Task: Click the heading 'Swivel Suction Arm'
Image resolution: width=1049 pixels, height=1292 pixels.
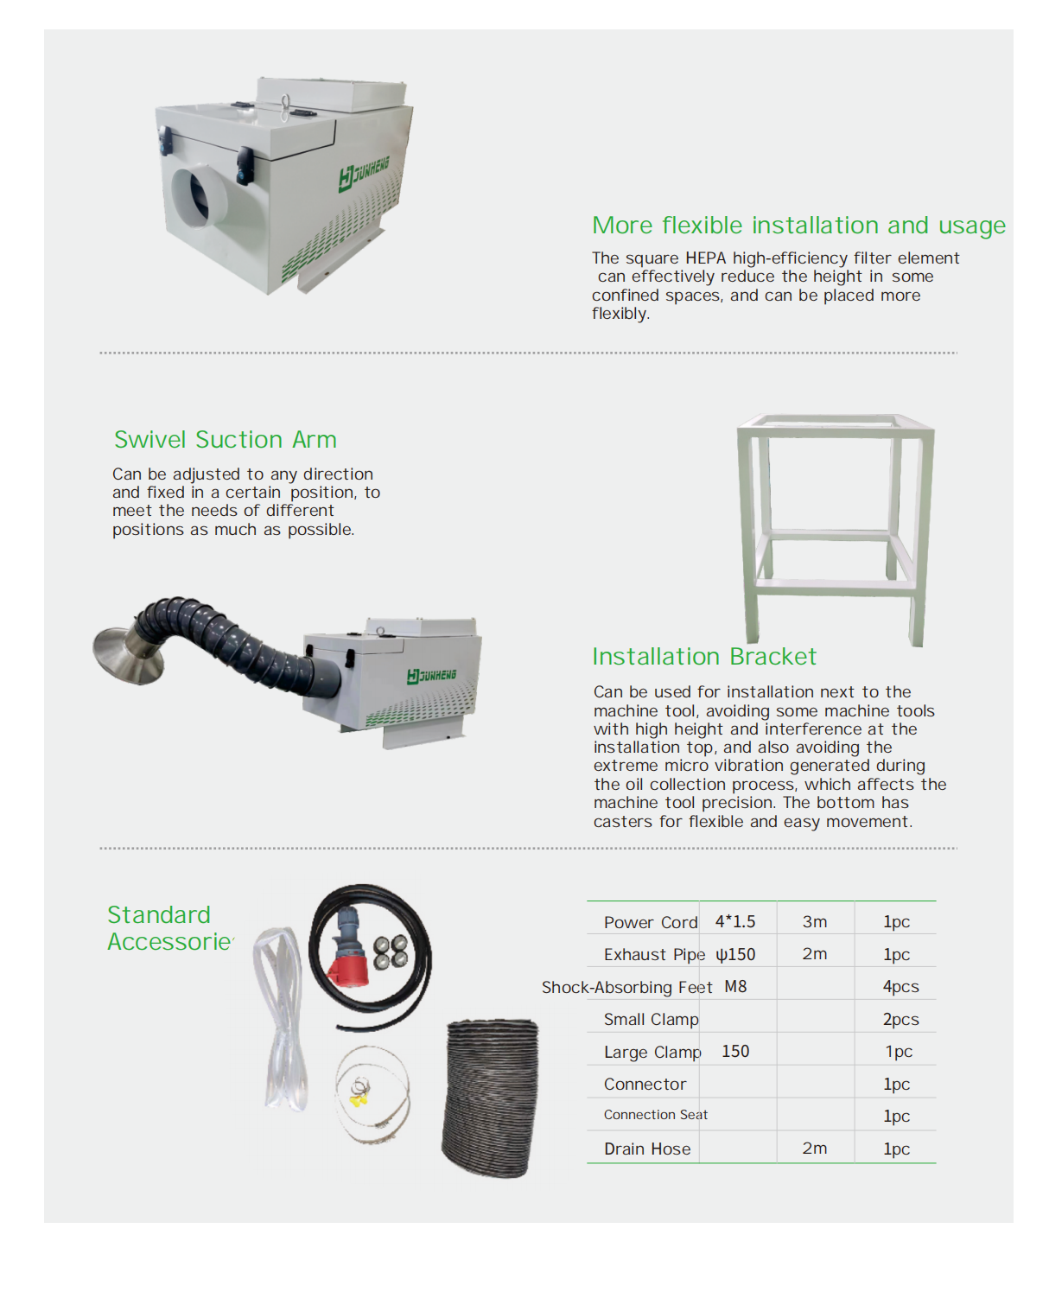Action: pos(225,439)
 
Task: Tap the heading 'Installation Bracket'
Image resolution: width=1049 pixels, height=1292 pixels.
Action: pos(704,656)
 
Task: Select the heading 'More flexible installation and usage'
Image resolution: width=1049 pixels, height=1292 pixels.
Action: pos(798,225)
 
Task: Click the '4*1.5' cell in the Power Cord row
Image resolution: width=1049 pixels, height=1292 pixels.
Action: pos(735,921)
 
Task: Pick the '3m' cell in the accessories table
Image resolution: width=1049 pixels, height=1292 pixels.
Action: pos(814,921)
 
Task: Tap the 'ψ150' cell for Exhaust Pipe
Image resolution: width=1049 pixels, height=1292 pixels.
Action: pos(735,954)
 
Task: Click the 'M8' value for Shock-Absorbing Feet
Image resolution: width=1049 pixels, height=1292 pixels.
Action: pos(735,986)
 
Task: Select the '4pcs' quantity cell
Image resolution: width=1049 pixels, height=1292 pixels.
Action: pos(900,987)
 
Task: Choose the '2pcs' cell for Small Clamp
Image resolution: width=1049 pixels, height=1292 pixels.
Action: pos(900,1019)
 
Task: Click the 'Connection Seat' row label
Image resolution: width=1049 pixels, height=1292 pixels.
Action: pos(655,1114)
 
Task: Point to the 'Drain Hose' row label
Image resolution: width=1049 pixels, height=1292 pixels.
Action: pos(647,1149)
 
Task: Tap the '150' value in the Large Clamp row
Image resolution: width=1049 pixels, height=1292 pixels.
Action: pos(735,1051)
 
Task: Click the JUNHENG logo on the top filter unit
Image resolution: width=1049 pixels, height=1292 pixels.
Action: pos(363,174)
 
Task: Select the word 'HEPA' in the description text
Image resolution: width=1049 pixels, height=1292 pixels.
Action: pos(705,258)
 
